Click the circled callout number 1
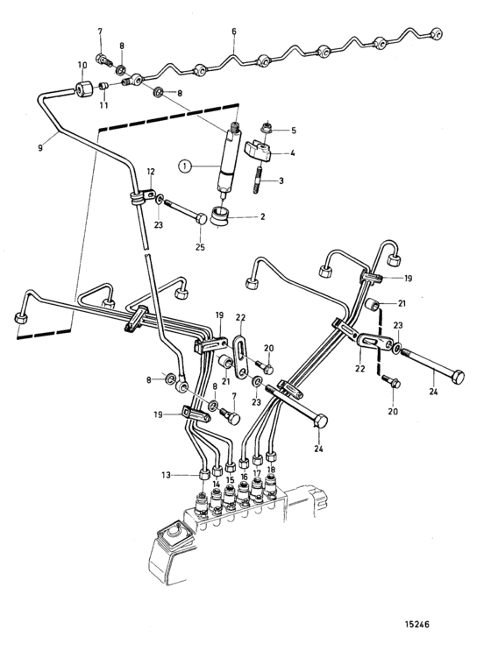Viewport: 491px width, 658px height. click(x=184, y=166)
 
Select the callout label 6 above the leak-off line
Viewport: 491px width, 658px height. click(x=234, y=32)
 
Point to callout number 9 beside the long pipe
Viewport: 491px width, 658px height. click(x=40, y=148)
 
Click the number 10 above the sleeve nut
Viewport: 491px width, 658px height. click(x=82, y=65)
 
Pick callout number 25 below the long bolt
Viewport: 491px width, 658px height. click(x=201, y=247)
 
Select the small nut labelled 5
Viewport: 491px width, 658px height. click(x=266, y=128)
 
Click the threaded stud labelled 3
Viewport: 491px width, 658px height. click(x=258, y=180)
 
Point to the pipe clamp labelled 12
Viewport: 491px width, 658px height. click(x=140, y=197)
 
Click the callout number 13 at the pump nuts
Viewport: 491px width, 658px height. click(x=167, y=475)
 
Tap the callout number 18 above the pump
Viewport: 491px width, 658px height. click(x=271, y=470)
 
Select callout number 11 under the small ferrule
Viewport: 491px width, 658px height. click(x=103, y=105)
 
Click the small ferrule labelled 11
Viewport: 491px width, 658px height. click(x=103, y=86)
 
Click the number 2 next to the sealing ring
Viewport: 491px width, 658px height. click(x=262, y=217)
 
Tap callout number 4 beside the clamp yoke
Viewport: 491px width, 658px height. click(x=292, y=153)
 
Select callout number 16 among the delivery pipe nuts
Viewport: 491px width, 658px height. click(x=245, y=477)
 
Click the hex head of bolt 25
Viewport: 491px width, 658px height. click(x=202, y=219)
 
